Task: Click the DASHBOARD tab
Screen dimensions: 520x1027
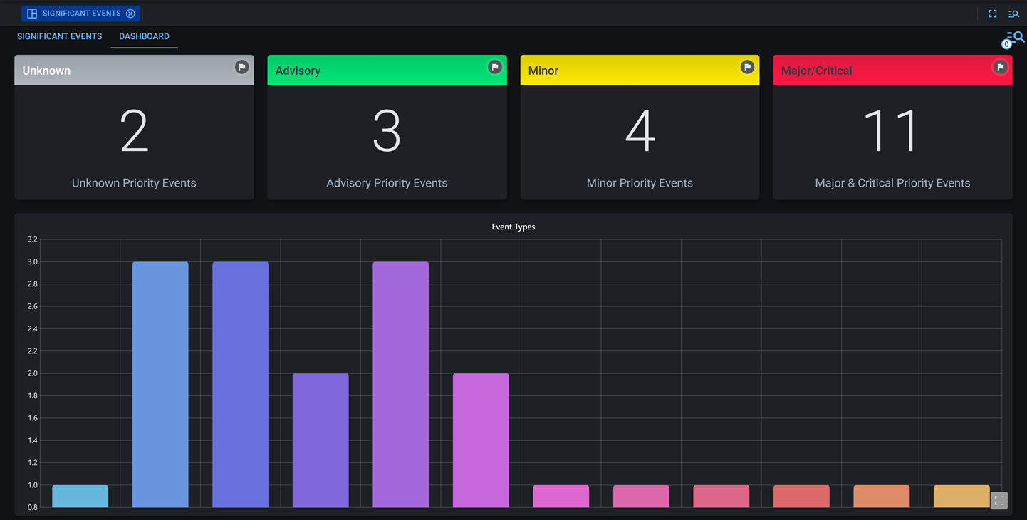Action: pos(144,36)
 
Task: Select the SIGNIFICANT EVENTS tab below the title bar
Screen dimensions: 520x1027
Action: pos(59,36)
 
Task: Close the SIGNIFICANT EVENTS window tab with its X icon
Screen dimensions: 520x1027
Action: pos(130,14)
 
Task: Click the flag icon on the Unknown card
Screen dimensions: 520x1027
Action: pos(242,67)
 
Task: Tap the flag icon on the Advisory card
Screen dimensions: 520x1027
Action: pos(494,67)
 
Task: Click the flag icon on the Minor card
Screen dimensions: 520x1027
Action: pos(747,67)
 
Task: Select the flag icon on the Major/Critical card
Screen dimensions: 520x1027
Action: pos(1000,67)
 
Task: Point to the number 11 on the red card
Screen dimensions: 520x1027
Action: pos(892,132)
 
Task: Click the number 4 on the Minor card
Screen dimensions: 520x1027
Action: pos(640,132)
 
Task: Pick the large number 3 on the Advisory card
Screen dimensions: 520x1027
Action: pos(387,132)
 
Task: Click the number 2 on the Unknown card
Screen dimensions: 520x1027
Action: pos(134,132)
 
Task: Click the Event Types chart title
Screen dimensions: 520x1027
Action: pos(513,227)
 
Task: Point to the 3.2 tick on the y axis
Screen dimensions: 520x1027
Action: pos(32,239)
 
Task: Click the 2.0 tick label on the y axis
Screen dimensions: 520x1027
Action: pos(32,373)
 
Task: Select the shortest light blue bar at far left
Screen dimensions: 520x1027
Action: pos(80,496)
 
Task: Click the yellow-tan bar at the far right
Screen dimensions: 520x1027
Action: pos(961,496)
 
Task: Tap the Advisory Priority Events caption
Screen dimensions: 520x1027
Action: pos(387,183)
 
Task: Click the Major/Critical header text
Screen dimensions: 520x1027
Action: pos(816,71)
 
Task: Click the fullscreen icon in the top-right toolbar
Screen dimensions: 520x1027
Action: pos(993,14)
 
